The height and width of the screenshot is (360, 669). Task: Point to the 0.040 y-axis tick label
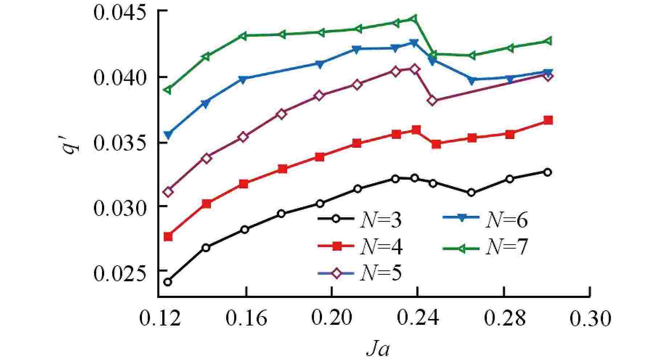coord(124,78)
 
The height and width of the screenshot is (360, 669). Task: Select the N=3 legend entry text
coord(380,220)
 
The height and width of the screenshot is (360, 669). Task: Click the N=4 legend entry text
coord(380,247)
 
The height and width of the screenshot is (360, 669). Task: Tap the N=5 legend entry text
coord(380,273)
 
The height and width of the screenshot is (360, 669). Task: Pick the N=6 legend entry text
coord(506,220)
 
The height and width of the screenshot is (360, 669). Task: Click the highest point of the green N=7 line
coord(414,19)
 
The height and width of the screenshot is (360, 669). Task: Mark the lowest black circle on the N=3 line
coord(168,282)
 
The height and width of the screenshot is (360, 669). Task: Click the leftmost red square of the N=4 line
coord(168,237)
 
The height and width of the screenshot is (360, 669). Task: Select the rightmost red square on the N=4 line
coord(548,120)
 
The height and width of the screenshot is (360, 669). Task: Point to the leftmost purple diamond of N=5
coord(168,192)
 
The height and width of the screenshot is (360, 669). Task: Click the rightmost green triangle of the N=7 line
coord(548,41)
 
